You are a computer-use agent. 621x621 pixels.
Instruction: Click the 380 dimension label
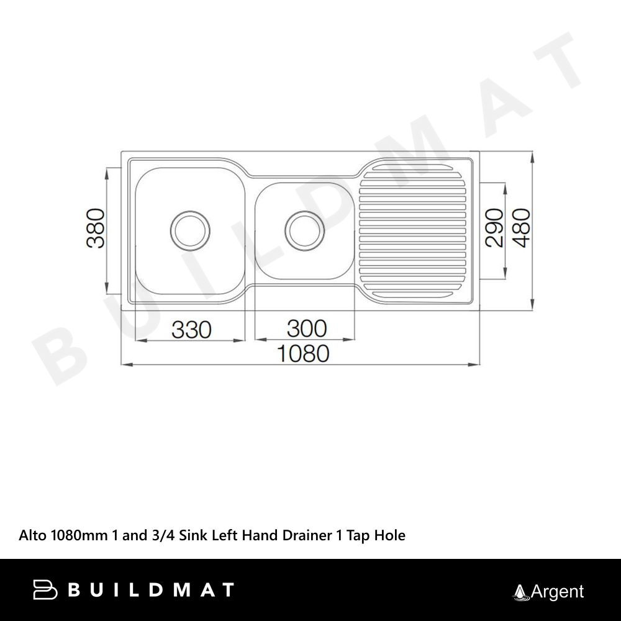[96, 228]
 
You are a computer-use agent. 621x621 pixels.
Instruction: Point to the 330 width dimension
[192, 330]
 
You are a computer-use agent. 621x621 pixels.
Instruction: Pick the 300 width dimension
[307, 329]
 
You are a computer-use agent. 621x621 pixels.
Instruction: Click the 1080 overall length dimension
[303, 353]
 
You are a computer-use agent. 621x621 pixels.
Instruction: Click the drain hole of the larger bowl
[190, 230]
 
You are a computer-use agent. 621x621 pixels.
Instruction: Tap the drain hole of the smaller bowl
[304, 230]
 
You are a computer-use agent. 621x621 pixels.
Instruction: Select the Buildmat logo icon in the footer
[45, 589]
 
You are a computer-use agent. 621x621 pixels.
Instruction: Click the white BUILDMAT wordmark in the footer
[151, 590]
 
